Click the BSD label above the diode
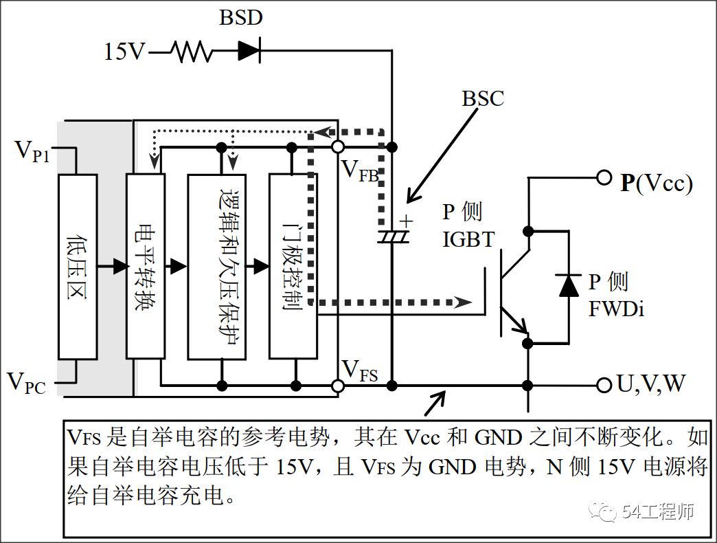click(x=240, y=17)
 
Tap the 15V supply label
click(x=124, y=52)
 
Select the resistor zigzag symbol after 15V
click(x=192, y=52)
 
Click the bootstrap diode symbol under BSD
click(x=249, y=50)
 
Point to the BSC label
click(x=483, y=98)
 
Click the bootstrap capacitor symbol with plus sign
click(x=394, y=232)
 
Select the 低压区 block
click(x=78, y=267)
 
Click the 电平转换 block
click(x=146, y=266)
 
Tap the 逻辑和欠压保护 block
click(x=217, y=267)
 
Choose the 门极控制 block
click(x=293, y=266)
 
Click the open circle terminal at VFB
click(x=338, y=147)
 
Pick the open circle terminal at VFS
click(x=338, y=386)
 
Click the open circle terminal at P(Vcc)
click(x=604, y=177)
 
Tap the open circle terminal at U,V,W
click(x=604, y=385)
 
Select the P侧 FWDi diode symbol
click(x=569, y=286)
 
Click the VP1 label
click(x=32, y=151)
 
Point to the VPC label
click(x=27, y=383)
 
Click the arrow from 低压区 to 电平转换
click(x=112, y=266)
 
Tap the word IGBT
click(x=468, y=239)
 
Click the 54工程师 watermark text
click(x=658, y=511)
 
